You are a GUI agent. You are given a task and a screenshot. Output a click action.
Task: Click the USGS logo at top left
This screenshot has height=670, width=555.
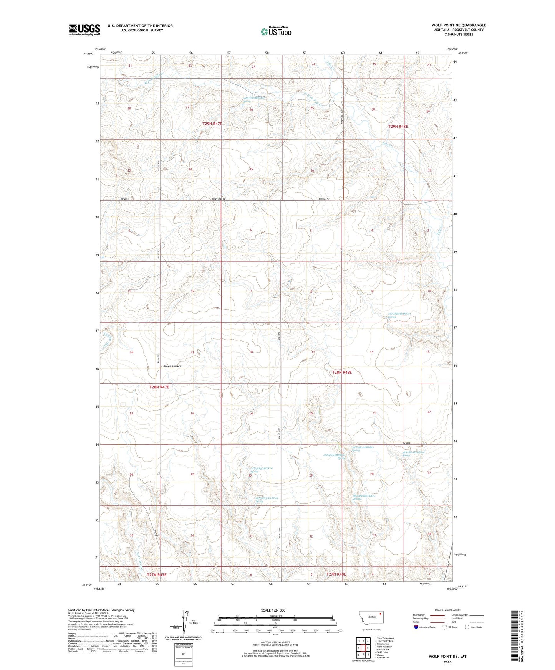[x=84, y=29]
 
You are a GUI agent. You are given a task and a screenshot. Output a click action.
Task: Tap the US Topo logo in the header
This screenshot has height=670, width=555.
[x=276, y=31]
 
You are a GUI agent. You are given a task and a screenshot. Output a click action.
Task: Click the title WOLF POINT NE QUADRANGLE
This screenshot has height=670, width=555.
[x=459, y=25]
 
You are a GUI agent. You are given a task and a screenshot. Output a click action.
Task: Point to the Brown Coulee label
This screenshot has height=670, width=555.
[x=172, y=366]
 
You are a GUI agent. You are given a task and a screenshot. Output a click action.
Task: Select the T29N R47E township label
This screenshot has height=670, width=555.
[x=212, y=124]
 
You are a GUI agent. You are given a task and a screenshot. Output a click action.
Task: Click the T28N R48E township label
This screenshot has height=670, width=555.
[x=342, y=372]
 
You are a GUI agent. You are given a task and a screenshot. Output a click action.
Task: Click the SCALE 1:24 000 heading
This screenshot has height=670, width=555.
[x=273, y=610]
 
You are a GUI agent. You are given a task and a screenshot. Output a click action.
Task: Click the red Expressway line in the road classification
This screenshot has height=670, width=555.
[x=437, y=615]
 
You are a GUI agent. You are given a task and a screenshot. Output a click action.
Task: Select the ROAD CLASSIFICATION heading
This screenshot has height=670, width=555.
[x=447, y=610]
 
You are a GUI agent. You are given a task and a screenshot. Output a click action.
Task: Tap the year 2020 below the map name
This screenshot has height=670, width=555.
[x=447, y=662]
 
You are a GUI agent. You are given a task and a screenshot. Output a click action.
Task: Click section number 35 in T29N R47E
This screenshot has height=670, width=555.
[x=251, y=169]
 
